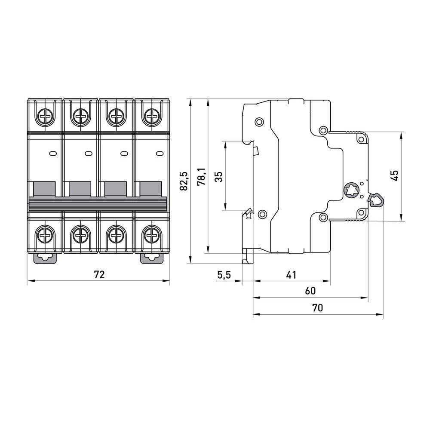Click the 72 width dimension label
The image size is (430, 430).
99,275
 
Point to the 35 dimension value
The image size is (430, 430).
218,176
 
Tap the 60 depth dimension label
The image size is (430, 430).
310,291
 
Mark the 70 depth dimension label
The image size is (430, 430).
317,308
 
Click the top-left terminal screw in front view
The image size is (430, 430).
44,115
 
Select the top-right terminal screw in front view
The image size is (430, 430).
151,115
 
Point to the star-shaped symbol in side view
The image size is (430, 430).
351,189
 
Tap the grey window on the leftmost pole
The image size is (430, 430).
44,189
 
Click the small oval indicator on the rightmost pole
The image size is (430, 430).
159,153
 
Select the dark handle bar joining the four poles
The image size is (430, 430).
98,203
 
